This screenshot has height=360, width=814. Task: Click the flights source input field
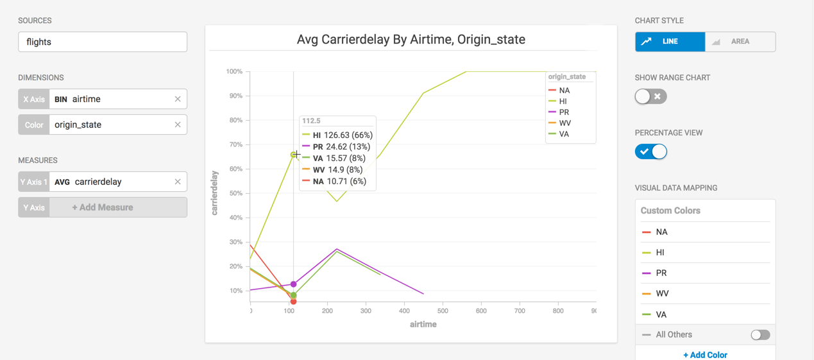(103, 42)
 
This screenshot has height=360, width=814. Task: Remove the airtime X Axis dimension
(178, 99)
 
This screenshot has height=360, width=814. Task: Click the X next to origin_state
(178, 124)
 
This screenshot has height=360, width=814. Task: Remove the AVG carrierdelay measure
(178, 182)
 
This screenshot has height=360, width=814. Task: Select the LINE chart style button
(670, 42)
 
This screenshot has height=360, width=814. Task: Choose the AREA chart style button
(740, 42)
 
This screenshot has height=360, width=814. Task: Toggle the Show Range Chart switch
(650, 96)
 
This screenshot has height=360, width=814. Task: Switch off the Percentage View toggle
(650, 151)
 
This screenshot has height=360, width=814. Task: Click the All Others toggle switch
(759, 335)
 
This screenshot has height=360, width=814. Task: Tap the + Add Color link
(705, 355)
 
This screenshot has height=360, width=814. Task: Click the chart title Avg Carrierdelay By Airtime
(411, 40)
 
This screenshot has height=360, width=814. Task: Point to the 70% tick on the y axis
(234, 145)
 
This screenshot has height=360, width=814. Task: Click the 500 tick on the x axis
(443, 311)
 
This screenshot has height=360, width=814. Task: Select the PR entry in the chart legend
(563, 112)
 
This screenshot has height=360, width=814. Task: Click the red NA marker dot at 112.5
(293, 301)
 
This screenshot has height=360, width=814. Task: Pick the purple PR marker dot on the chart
(294, 284)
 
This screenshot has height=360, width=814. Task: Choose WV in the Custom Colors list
(662, 294)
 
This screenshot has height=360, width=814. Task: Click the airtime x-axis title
(423, 325)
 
